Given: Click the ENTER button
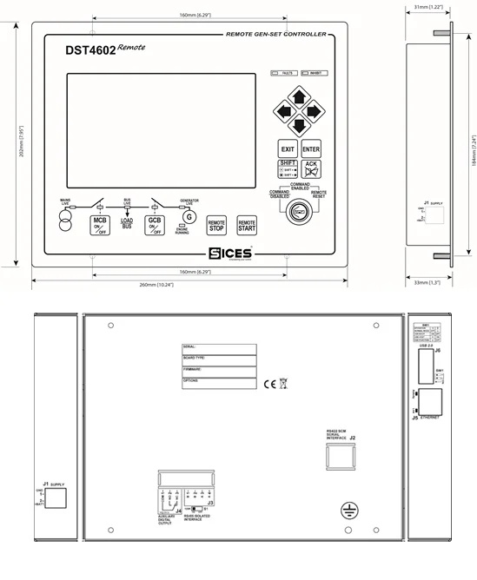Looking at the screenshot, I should tap(311, 149).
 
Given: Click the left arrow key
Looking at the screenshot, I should tap(284, 111).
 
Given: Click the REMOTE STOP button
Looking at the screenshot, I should tap(217, 226).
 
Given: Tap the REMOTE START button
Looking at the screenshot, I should tap(248, 226).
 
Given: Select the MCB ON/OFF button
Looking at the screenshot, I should tap(100, 226).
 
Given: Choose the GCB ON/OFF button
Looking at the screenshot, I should tap(153, 226).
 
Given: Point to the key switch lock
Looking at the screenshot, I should tap(300, 210).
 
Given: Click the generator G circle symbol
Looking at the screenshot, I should tap(190, 216).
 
